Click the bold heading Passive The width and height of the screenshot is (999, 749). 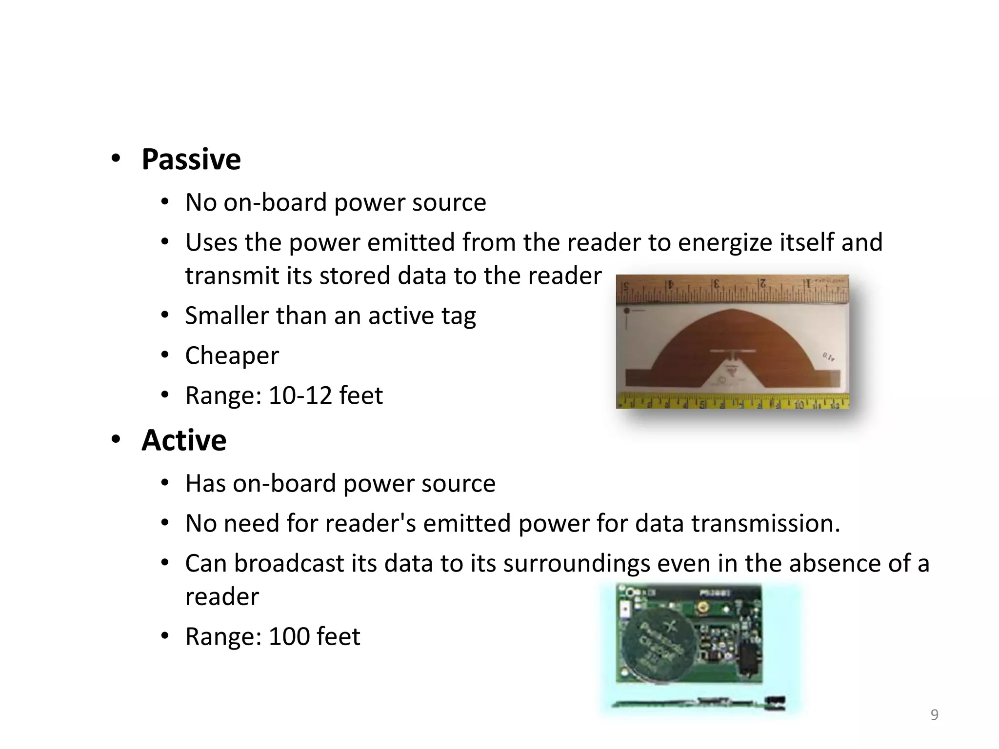(x=191, y=159)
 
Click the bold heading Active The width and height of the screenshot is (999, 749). (x=184, y=440)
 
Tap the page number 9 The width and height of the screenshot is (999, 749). (x=934, y=715)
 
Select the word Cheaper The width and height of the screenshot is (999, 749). (x=232, y=355)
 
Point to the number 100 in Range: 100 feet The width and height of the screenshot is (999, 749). (x=289, y=637)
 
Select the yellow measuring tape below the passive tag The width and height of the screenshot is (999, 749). (x=732, y=401)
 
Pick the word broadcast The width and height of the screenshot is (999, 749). (x=289, y=564)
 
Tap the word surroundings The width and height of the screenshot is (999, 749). (x=577, y=564)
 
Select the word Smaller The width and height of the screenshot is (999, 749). (x=227, y=315)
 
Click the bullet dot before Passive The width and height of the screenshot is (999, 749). (x=116, y=158)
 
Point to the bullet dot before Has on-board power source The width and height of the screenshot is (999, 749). (x=165, y=483)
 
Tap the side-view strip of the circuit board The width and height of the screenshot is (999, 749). (x=698, y=703)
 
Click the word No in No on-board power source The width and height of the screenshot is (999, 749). (x=200, y=202)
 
